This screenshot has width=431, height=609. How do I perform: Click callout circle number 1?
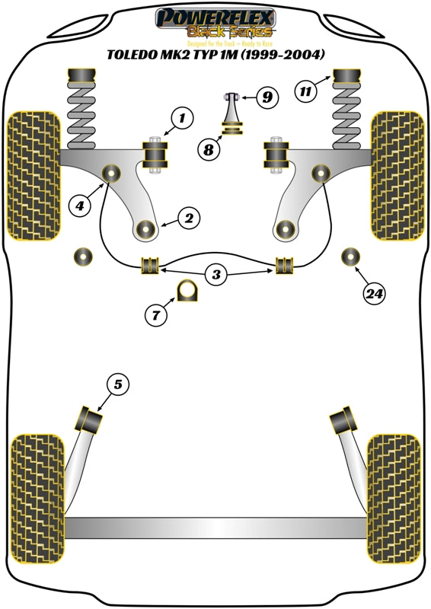182,118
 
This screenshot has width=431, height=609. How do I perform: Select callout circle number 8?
208,150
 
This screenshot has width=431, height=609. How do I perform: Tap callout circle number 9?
267,97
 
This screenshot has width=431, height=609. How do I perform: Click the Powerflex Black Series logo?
215,23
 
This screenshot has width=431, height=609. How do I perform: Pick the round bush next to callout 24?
351,257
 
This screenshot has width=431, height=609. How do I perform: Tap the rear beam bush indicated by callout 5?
91,419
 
